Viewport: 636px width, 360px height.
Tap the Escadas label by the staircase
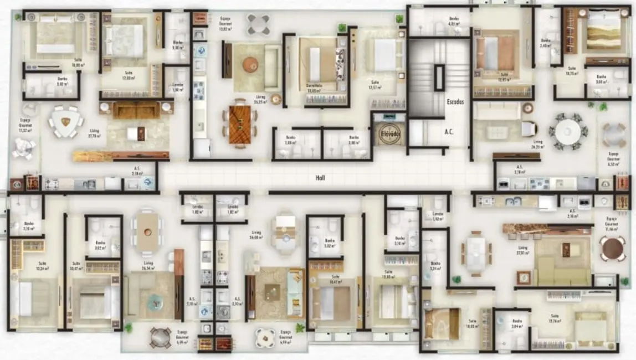[x=455, y=102]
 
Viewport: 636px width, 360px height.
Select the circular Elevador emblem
[x=390, y=133]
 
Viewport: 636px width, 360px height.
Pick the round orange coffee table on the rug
[x=250, y=65]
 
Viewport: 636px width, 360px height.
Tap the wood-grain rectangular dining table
[x=240, y=125]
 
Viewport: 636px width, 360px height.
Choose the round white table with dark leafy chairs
[x=568, y=132]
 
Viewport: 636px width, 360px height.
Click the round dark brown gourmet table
[x=613, y=248]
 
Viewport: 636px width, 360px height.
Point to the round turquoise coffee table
[x=155, y=301]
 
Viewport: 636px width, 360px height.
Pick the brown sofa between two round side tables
[x=136, y=111]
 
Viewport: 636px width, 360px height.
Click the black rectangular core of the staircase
[x=439, y=78]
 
